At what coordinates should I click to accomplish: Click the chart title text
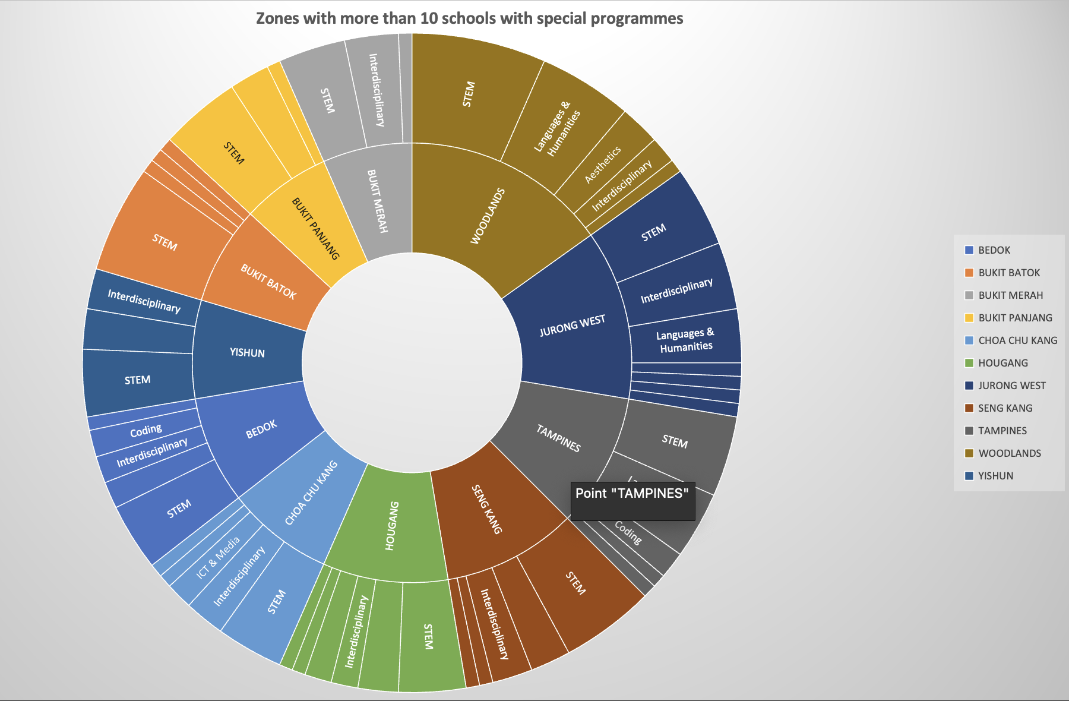[x=469, y=18]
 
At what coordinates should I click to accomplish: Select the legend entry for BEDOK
[x=994, y=250]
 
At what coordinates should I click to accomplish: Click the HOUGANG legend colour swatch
[x=969, y=363]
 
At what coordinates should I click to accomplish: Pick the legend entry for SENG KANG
[x=1005, y=408]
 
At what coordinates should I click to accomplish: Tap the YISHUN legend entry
[x=995, y=476]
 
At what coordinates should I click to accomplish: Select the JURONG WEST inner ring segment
[x=572, y=326]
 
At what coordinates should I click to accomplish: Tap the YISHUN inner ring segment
[x=247, y=352]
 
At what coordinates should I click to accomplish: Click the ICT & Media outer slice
[x=218, y=557]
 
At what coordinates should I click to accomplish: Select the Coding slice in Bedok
[x=146, y=430]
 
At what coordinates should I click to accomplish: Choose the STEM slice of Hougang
[x=428, y=636]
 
